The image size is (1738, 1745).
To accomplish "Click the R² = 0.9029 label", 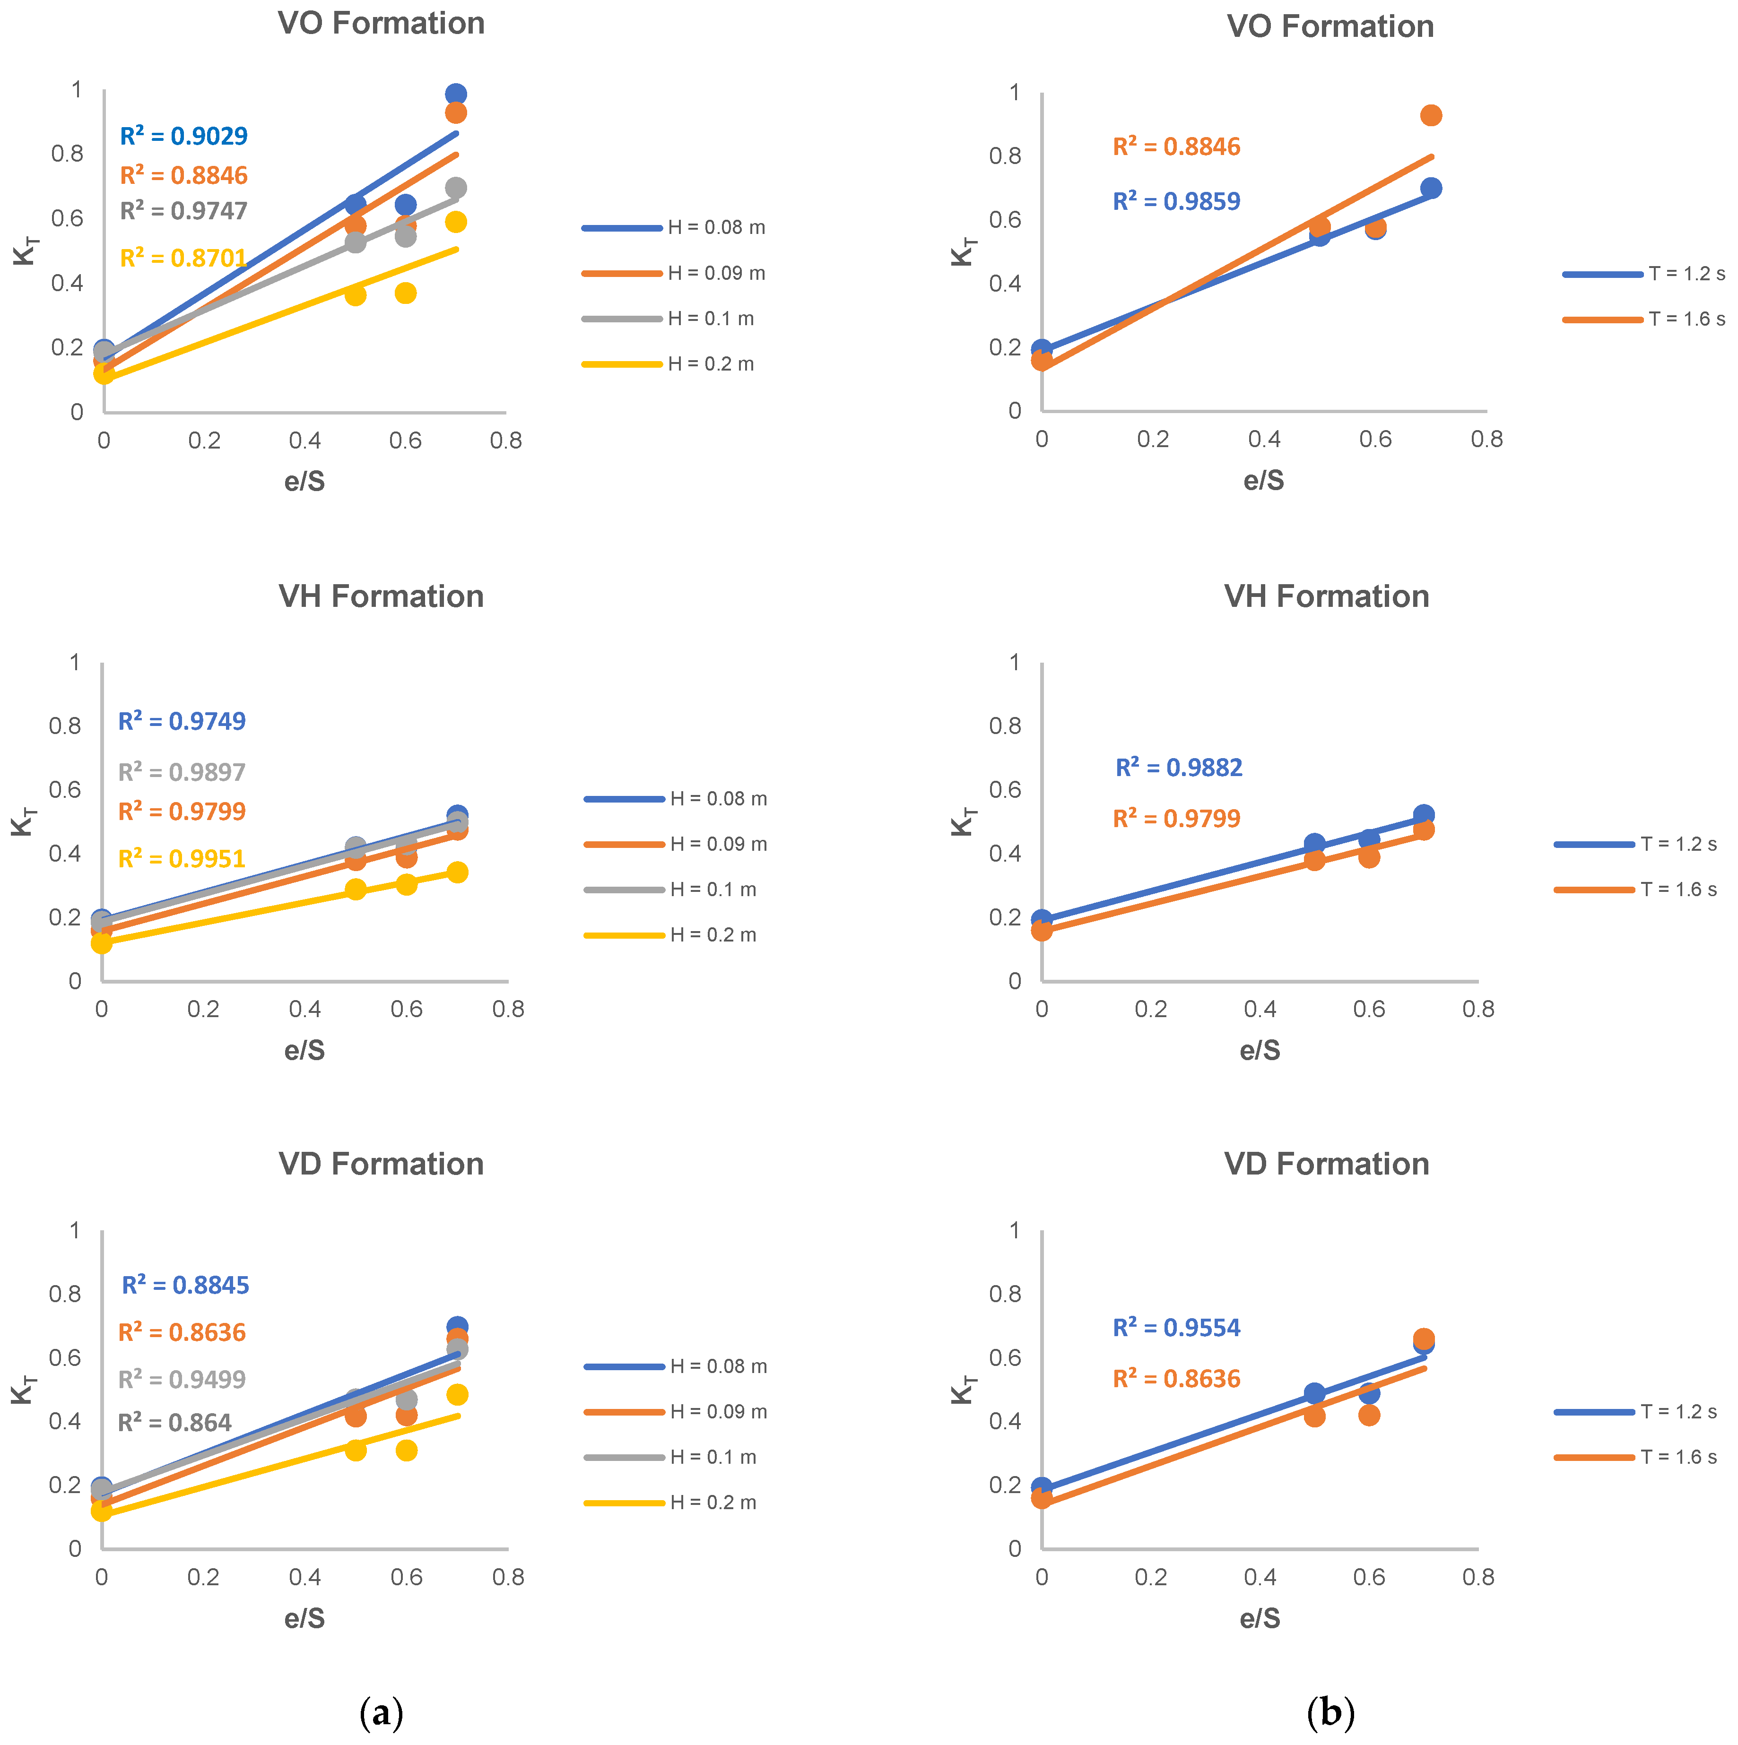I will [184, 137].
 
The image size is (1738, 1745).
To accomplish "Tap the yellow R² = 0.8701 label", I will [184, 259].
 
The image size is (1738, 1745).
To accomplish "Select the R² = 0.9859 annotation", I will [1176, 201].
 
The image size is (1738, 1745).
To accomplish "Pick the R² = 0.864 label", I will [175, 1424].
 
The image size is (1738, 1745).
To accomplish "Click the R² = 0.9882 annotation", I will [1179, 768].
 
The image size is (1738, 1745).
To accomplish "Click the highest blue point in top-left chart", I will [456, 95].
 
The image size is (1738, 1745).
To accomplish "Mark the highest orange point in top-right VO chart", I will [1431, 116].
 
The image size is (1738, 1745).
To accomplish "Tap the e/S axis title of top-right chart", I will [1263, 481].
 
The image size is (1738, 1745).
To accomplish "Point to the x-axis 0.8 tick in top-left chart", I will [506, 441].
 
